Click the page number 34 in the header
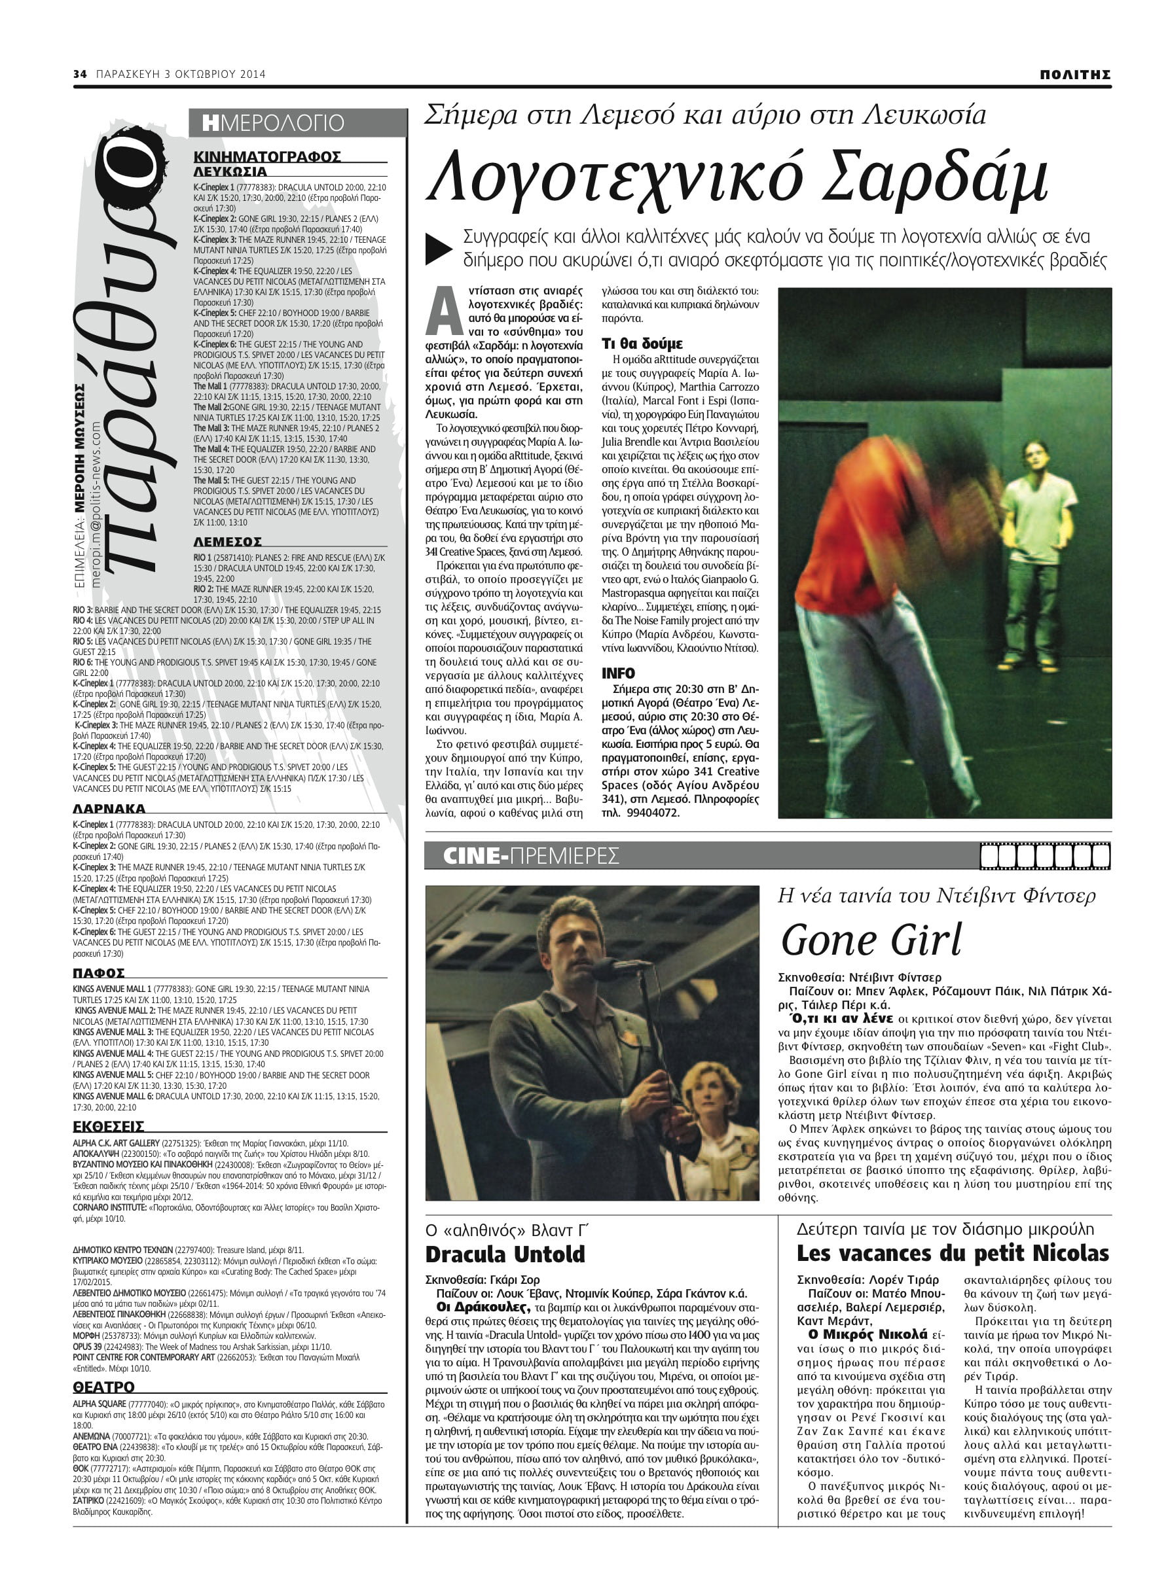80,74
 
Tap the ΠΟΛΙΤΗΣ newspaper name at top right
1074,75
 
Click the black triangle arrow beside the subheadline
439,249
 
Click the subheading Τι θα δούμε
642,344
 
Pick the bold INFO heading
618,673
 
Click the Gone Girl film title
871,940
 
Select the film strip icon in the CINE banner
1045,857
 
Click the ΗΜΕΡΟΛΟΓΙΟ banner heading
273,123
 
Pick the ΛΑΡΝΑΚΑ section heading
109,809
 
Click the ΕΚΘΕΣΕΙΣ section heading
108,1126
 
